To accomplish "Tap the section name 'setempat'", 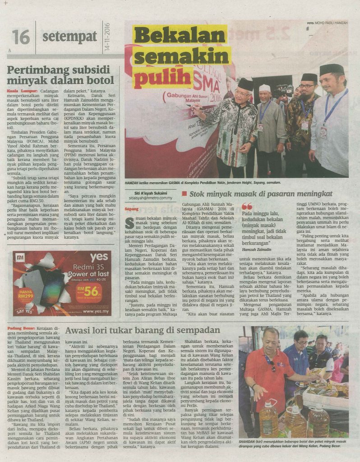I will point(69,36).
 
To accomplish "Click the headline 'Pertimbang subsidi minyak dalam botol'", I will point(60,75).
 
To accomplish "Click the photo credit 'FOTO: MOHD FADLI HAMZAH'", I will point(328,23).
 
